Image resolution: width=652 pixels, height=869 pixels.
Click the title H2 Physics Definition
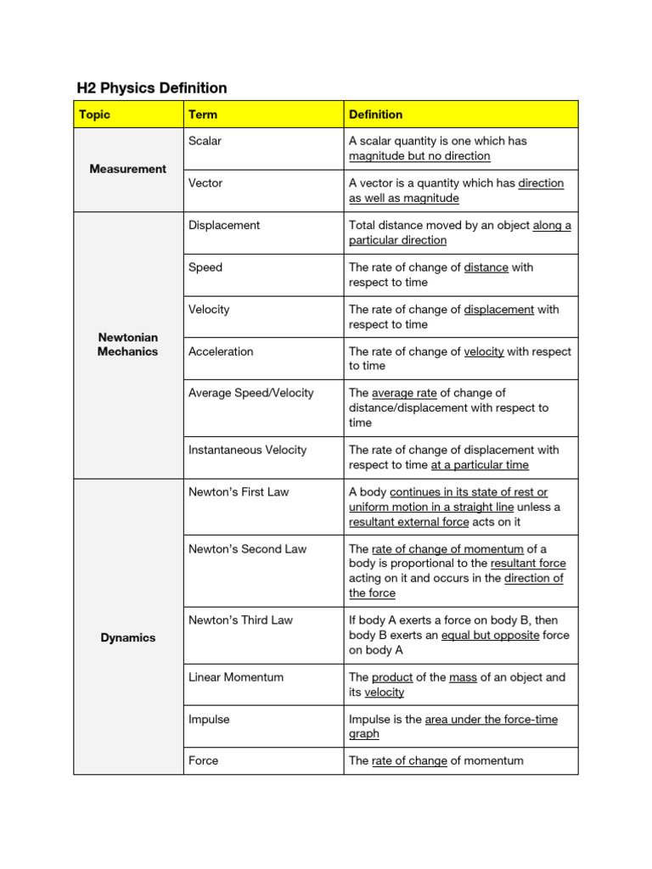point(152,88)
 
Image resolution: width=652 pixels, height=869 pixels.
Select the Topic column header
point(94,115)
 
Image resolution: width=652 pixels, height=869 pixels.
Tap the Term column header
point(203,115)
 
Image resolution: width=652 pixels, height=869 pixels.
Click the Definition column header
point(375,115)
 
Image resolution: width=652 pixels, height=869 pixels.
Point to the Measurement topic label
point(128,169)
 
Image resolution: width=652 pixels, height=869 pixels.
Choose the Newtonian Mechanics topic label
point(128,345)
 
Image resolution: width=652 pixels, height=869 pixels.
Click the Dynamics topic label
point(128,637)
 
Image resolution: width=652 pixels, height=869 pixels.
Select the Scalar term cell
point(205,141)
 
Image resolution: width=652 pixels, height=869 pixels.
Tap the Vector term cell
point(205,183)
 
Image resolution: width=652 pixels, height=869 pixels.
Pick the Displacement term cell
point(224,225)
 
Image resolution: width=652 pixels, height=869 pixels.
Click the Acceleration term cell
point(221,351)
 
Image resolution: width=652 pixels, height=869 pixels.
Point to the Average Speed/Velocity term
point(250,393)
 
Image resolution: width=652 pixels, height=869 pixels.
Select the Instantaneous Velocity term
point(247,450)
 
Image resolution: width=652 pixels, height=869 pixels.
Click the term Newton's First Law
point(239,492)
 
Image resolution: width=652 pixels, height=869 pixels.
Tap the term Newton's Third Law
point(240,620)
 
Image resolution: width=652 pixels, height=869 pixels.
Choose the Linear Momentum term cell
point(236,677)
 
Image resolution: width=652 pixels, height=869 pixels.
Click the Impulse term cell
point(209,719)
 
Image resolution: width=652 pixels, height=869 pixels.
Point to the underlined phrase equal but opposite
point(490,636)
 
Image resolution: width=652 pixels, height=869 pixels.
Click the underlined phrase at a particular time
point(480,465)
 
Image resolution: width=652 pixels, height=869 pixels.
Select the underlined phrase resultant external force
point(408,522)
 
